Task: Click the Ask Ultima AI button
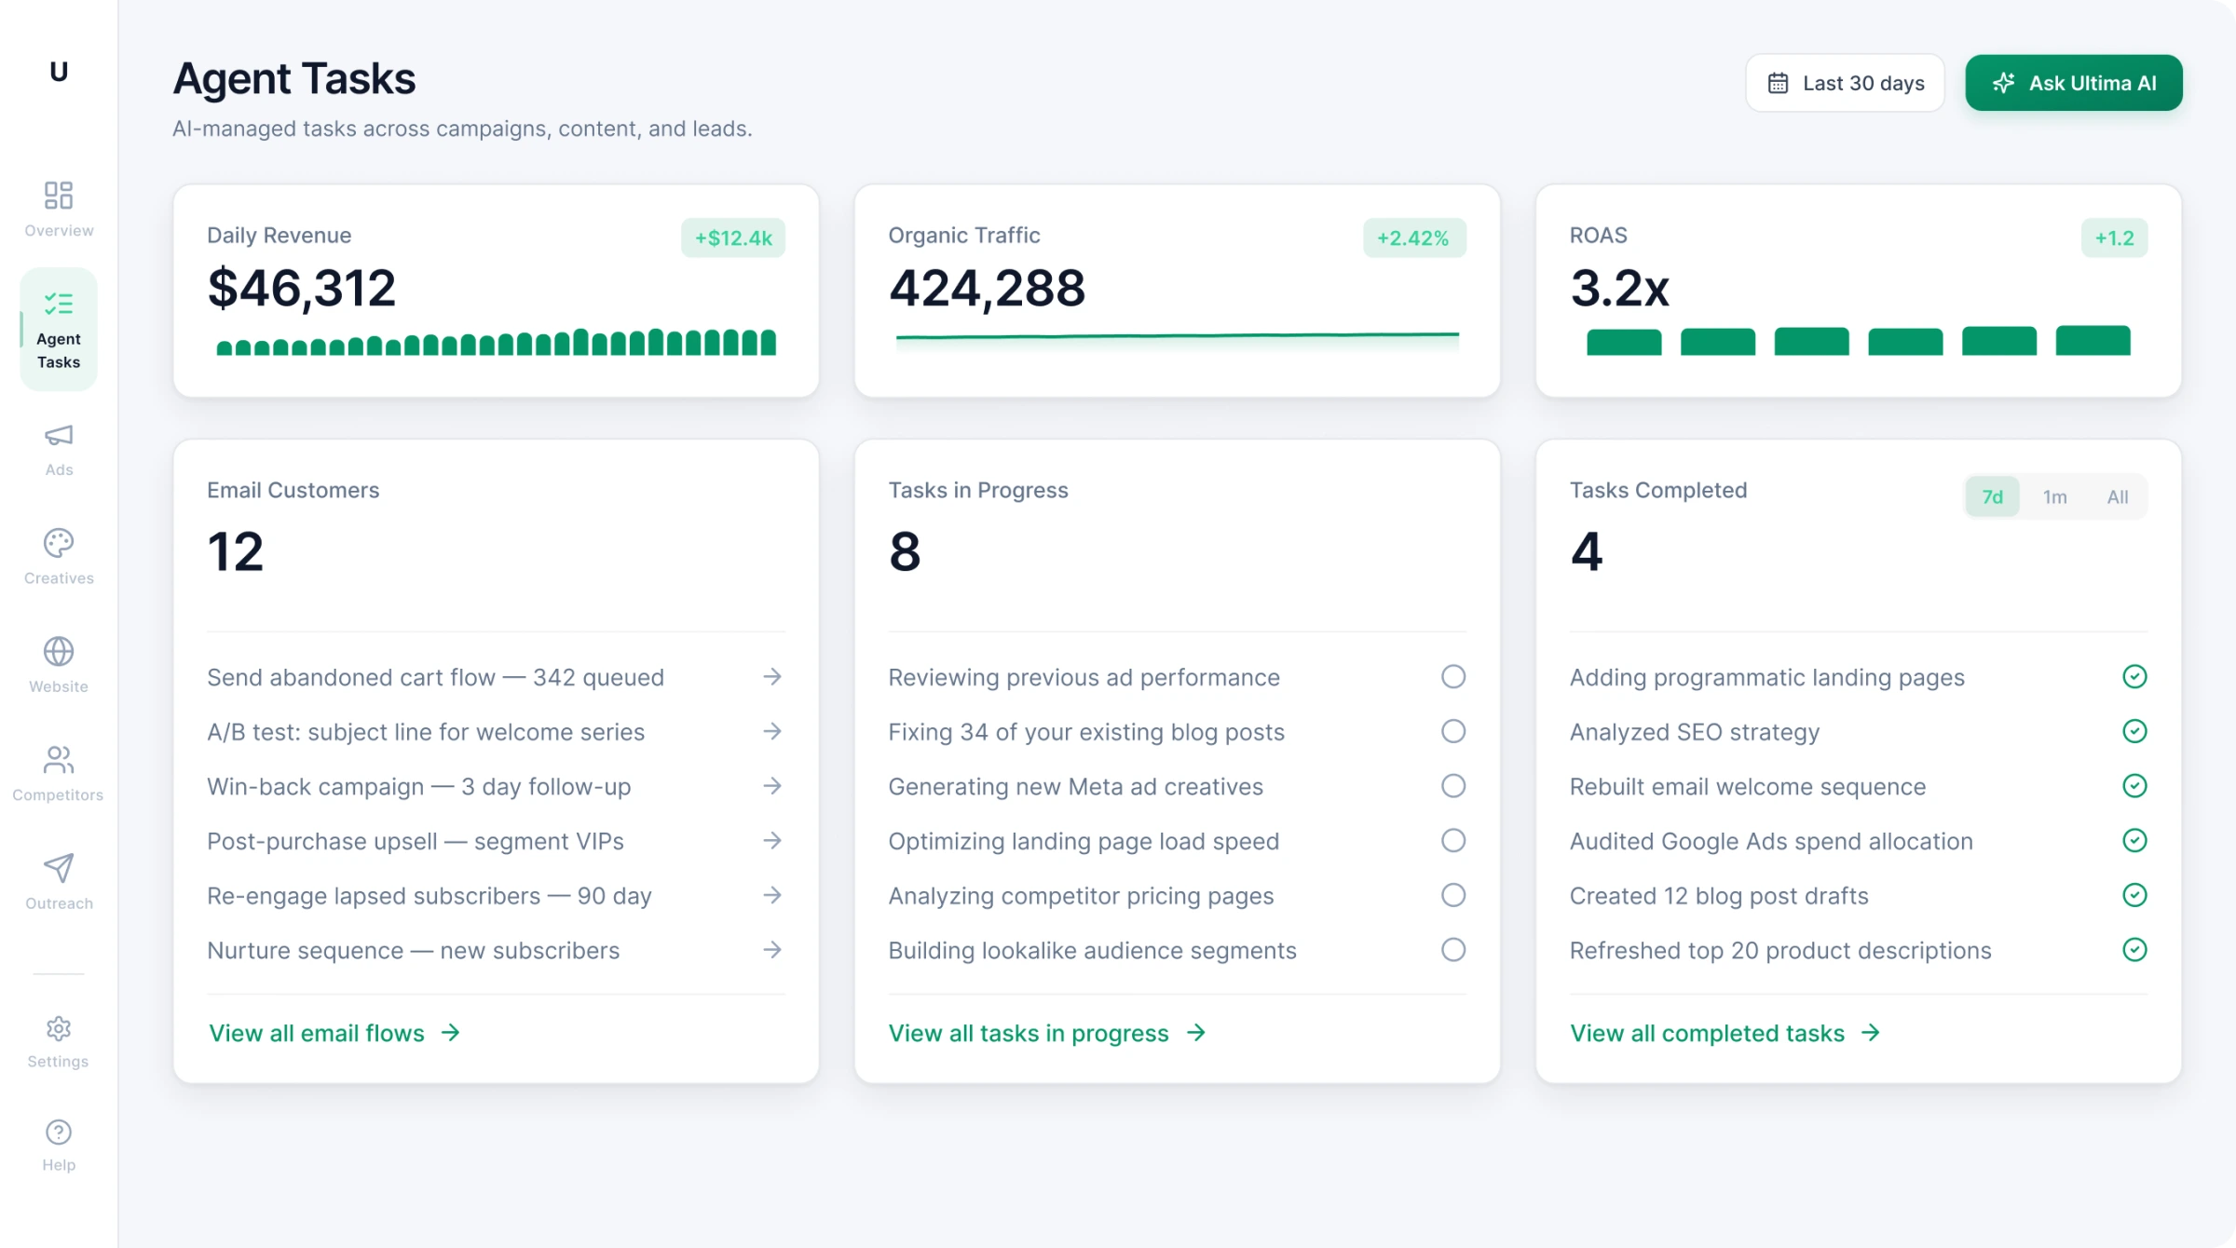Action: coord(2073,83)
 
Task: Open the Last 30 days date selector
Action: coord(1845,83)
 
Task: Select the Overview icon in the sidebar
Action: coord(59,196)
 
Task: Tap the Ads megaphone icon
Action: coord(59,436)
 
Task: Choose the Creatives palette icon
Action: coord(59,543)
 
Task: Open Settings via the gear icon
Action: coord(59,1028)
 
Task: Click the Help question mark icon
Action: coord(59,1132)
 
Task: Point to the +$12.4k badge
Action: coord(733,237)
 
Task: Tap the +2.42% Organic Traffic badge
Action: coord(1413,237)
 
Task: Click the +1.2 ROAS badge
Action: coord(2114,237)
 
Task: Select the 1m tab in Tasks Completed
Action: coord(2054,496)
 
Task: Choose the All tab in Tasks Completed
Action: coord(2117,496)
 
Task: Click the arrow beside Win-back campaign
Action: coord(771,786)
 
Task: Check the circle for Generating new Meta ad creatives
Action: coord(1452,786)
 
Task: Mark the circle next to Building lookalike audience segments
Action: coord(1452,950)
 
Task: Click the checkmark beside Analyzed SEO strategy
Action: coord(2134,731)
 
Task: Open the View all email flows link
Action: coord(334,1033)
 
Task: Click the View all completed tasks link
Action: coord(1725,1033)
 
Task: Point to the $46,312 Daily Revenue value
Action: coord(301,288)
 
